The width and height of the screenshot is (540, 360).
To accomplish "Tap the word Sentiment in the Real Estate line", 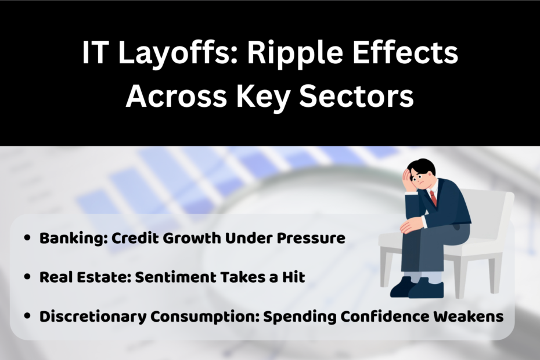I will coord(165,278).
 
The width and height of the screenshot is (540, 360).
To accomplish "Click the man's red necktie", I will coord(433,198).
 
